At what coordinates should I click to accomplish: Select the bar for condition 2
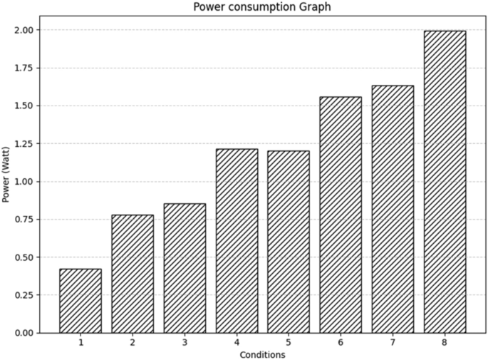pos(133,274)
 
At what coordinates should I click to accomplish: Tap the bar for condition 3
pos(185,268)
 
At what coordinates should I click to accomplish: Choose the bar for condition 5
pos(289,242)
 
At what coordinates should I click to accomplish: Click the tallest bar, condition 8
pos(445,182)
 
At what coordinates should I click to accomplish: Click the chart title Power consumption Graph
pos(262,7)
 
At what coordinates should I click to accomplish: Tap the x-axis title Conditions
pos(262,354)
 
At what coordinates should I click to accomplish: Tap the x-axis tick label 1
pos(81,343)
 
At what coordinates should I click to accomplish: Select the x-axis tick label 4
pos(237,343)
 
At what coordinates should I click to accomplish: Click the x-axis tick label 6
pos(341,343)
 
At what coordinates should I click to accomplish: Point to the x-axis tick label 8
pos(445,343)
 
